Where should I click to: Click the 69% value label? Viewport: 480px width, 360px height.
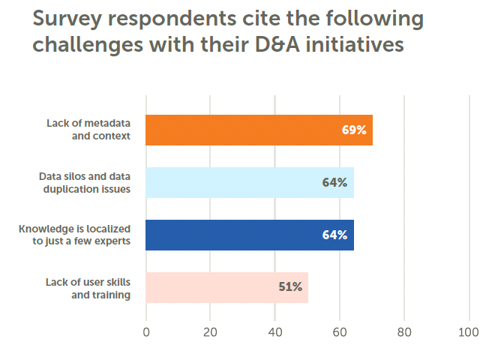pos(353,130)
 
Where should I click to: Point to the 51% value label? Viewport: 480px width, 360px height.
pos(290,286)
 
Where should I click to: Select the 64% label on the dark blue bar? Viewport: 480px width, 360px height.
pos(334,235)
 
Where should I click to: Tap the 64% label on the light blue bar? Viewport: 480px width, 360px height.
pos(334,182)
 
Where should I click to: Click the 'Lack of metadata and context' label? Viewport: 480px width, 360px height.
pos(87,130)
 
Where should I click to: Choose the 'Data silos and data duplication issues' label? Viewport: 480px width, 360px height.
pos(85,182)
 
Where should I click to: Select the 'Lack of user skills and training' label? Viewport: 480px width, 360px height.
pos(88,287)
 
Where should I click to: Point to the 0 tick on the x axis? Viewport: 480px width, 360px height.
pos(146,331)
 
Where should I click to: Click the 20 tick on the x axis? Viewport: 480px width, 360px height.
pos(211,331)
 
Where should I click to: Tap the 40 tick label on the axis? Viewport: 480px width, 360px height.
pos(275,331)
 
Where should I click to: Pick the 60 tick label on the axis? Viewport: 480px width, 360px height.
pos(340,331)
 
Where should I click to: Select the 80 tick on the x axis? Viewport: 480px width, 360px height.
pos(404,331)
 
